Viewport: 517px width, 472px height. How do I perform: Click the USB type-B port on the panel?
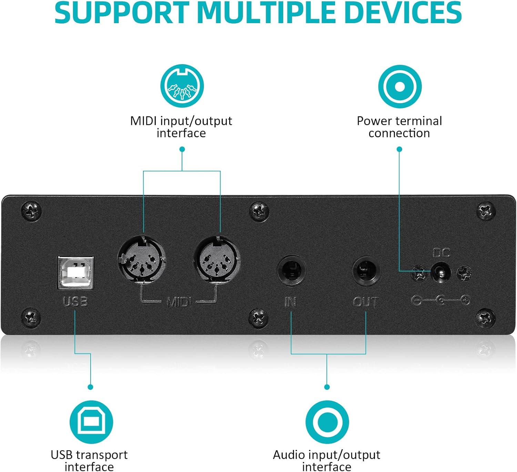(x=75, y=272)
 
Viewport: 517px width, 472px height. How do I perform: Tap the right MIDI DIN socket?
(x=217, y=259)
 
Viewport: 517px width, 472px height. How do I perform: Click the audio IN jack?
(x=292, y=271)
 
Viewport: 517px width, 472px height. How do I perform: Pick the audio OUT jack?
(x=366, y=271)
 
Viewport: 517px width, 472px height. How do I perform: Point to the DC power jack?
(x=441, y=273)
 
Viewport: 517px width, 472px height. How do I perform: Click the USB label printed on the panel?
(x=75, y=302)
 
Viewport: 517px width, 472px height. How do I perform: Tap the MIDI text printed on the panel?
(x=179, y=303)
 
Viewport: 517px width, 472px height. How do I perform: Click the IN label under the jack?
(x=291, y=302)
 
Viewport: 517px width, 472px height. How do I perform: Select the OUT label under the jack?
(x=366, y=302)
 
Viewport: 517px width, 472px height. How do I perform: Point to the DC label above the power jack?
(x=441, y=253)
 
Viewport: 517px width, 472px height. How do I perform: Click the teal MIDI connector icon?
(x=182, y=86)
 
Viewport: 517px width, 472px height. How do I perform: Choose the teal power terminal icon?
(x=400, y=86)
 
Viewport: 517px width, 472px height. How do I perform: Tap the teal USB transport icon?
(x=91, y=422)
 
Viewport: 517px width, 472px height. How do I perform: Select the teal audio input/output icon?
(x=327, y=422)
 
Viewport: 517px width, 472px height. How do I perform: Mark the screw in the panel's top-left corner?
(x=31, y=210)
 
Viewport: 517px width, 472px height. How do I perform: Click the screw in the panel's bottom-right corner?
(x=485, y=317)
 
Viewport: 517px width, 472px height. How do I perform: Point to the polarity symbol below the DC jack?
(x=441, y=301)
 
